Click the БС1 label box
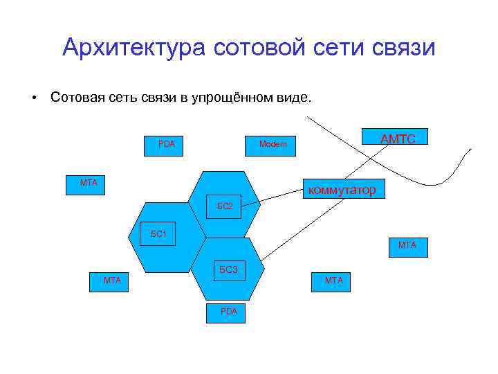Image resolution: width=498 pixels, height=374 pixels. tap(158, 233)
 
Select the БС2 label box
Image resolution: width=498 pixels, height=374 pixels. tap(225, 206)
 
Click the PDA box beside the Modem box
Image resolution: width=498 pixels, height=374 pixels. tap(166, 144)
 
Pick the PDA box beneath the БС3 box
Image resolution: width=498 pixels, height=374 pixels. tap(228, 312)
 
